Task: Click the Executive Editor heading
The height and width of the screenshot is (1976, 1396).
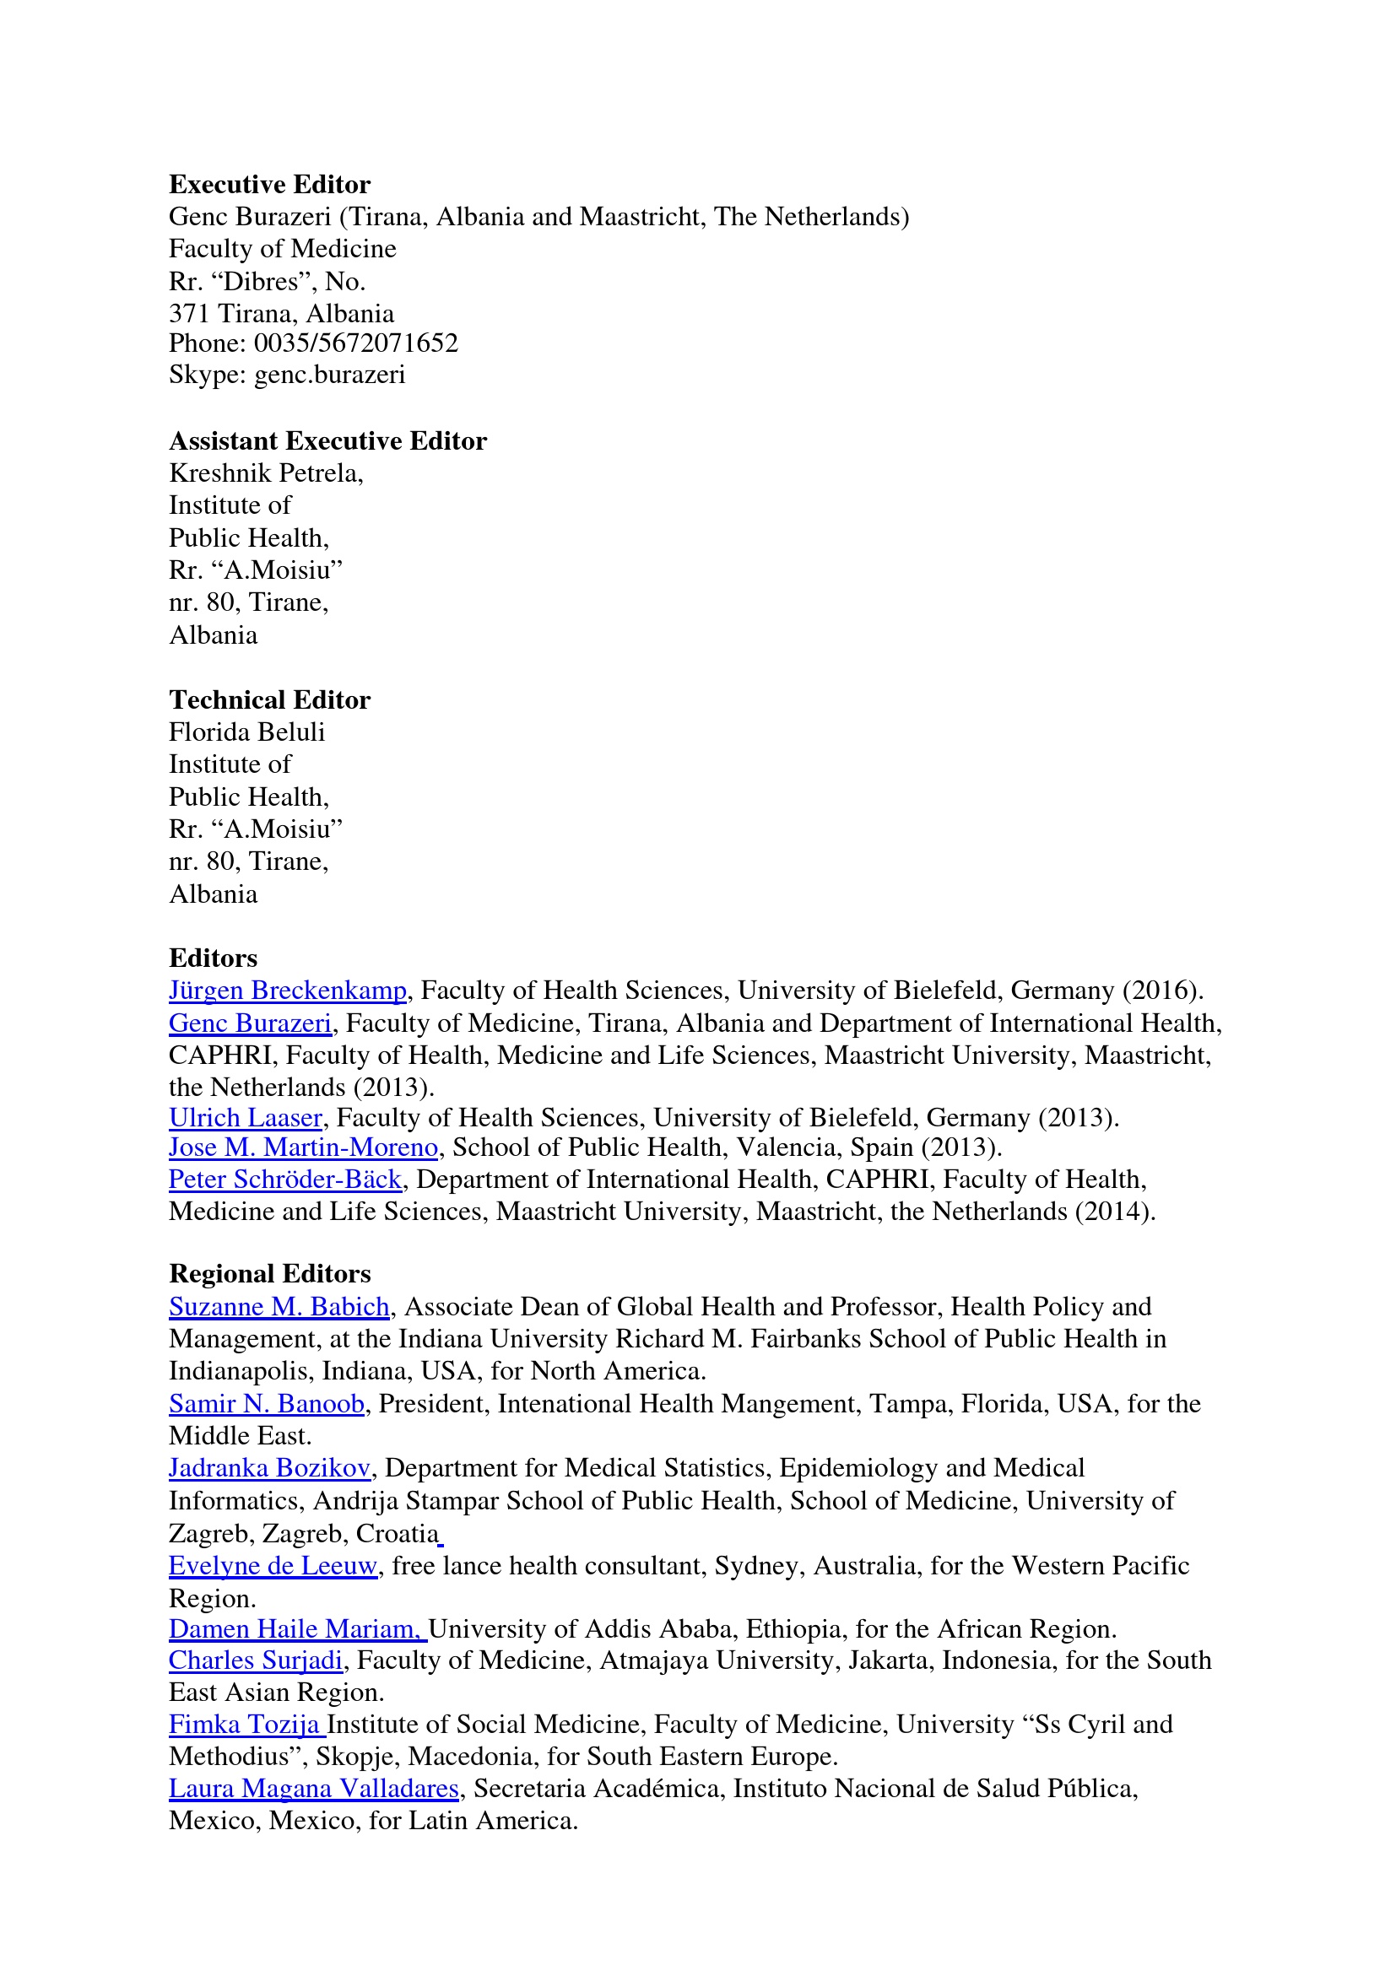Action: [x=269, y=184]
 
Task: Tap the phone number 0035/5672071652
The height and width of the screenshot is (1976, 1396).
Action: [x=355, y=343]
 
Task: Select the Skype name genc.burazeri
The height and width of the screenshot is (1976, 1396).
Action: [x=330, y=375]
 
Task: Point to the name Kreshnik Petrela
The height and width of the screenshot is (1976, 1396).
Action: [x=264, y=473]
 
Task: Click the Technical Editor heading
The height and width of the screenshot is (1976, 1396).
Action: [x=269, y=699]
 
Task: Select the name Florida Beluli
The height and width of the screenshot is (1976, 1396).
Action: [x=247, y=732]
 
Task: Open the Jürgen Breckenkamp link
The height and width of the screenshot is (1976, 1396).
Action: [x=288, y=991]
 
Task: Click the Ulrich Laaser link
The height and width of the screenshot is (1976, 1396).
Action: [x=246, y=1118]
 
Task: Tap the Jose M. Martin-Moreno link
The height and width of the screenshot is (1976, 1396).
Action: [x=303, y=1147]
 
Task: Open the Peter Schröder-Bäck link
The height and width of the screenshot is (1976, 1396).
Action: [x=285, y=1179]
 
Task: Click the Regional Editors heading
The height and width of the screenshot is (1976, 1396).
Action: [x=269, y=1274]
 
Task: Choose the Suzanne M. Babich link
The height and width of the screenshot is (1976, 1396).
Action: [x=279, y=1306]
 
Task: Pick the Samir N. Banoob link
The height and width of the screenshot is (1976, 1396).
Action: [x=267, y=1404]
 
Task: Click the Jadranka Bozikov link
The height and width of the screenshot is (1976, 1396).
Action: [x=269, y=1467]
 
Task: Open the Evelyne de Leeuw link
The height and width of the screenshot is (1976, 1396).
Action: [x=273, y=1565]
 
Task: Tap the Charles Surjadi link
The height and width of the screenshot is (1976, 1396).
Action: [x=256, y=1660]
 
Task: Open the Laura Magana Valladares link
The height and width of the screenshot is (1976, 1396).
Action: [x=313, y=1789]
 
